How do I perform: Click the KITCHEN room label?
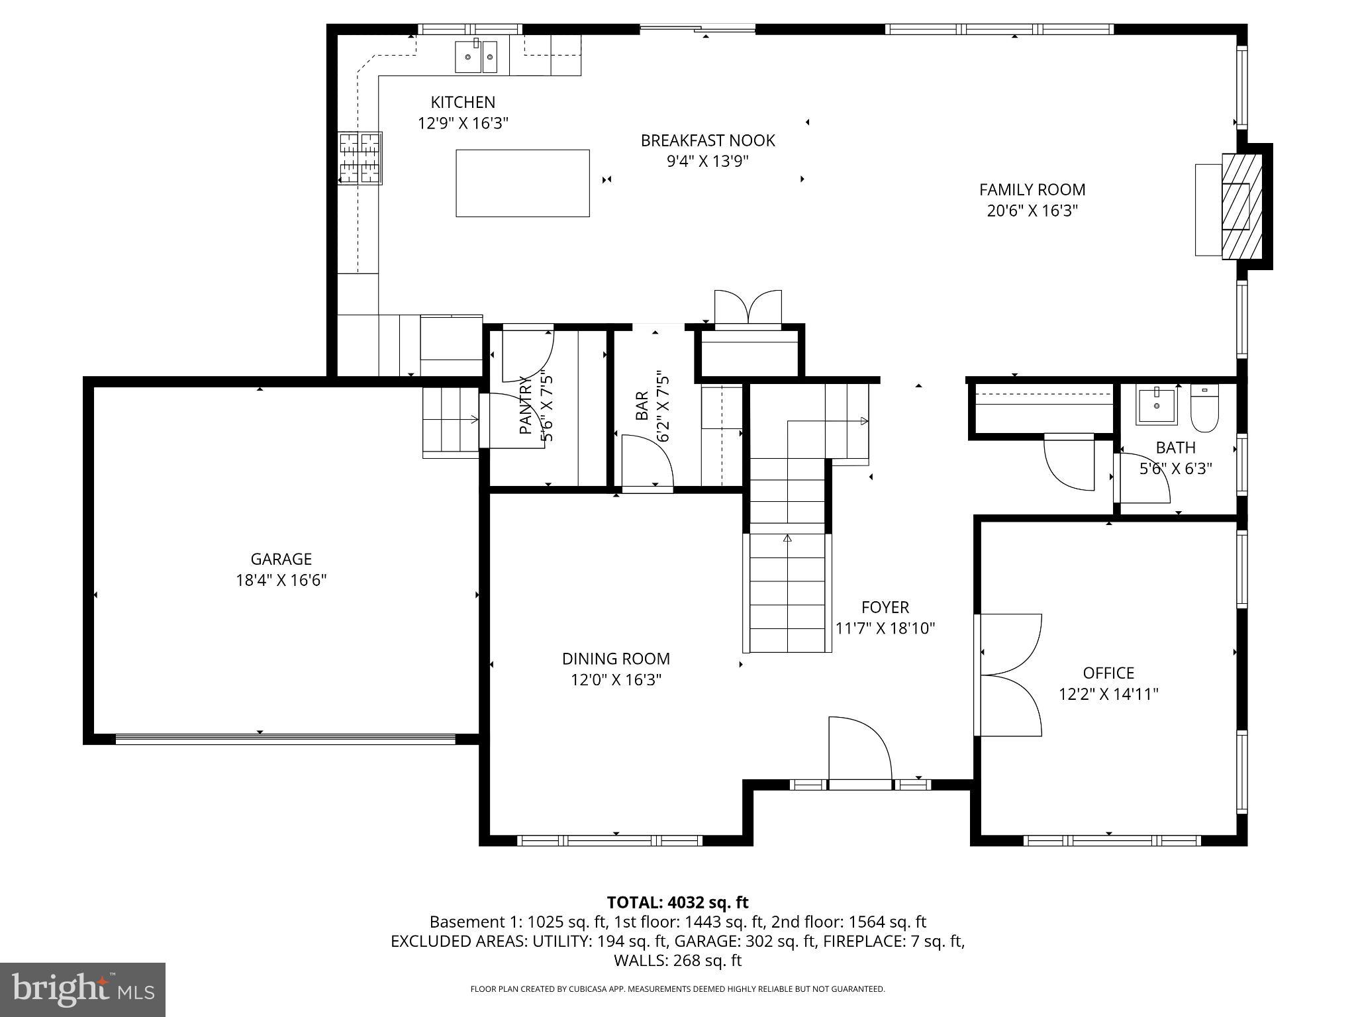point(463,102)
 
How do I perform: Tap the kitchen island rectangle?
point(522,183)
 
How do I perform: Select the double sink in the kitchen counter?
point(476,56)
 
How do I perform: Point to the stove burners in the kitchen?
point(360,158)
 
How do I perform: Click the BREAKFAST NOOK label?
point(708,140)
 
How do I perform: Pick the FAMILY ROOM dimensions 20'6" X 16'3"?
point(1032,211)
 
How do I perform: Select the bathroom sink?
point(1156,407)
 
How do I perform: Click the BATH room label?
point(1175,448)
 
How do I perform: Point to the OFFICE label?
point(1108,673)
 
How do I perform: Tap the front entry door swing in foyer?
point(859,751)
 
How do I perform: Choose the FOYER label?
point(885,607)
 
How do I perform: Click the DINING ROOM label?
point(616,659)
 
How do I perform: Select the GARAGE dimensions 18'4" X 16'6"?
point(281,581)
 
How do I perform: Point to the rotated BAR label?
point(642,406)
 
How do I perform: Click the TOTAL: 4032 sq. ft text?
point(677,902)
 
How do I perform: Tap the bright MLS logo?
point(83,989)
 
